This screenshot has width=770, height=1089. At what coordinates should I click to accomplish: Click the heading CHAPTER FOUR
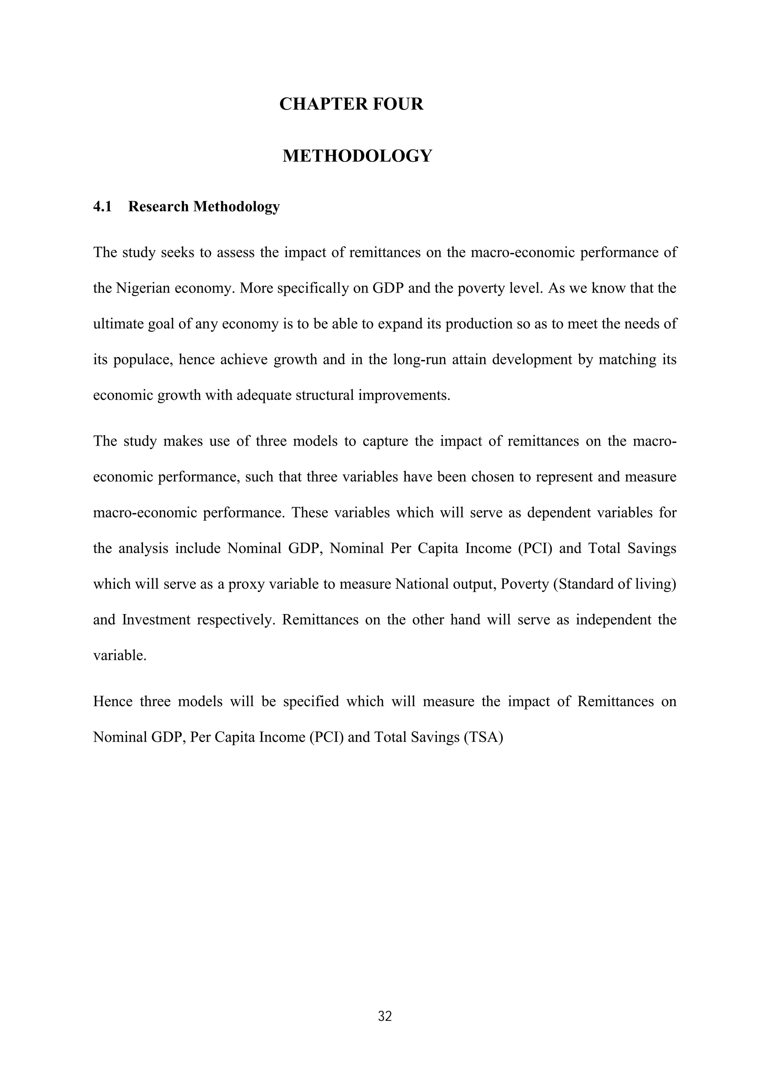(x=351, y=104)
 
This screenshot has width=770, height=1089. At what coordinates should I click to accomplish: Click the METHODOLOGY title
(x=357, y=156)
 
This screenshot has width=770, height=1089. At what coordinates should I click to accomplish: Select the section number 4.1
(x=102, y=207)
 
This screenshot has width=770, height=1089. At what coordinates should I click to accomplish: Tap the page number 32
(x=385, y=1016)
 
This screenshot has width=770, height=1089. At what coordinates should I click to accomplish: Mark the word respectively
(x=236, y=620)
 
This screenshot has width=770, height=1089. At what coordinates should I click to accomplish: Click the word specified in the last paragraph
(x=311, y=701)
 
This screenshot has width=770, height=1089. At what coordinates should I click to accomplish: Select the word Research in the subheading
(x=158, y=207)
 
